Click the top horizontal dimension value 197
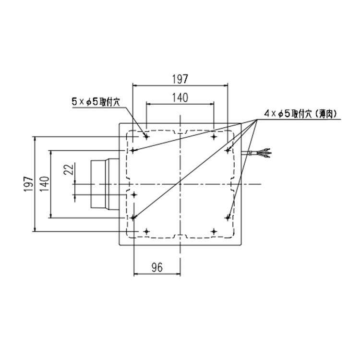[x=180, y=78]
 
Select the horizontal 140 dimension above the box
[x=180, y=97]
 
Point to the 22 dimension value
[x=69, y=169]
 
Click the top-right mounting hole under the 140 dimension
[x=214, y=136]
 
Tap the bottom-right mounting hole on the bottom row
[x=214, y=232]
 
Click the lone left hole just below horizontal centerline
[x=134, y=194]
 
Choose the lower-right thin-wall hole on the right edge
[x=227, y=217]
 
